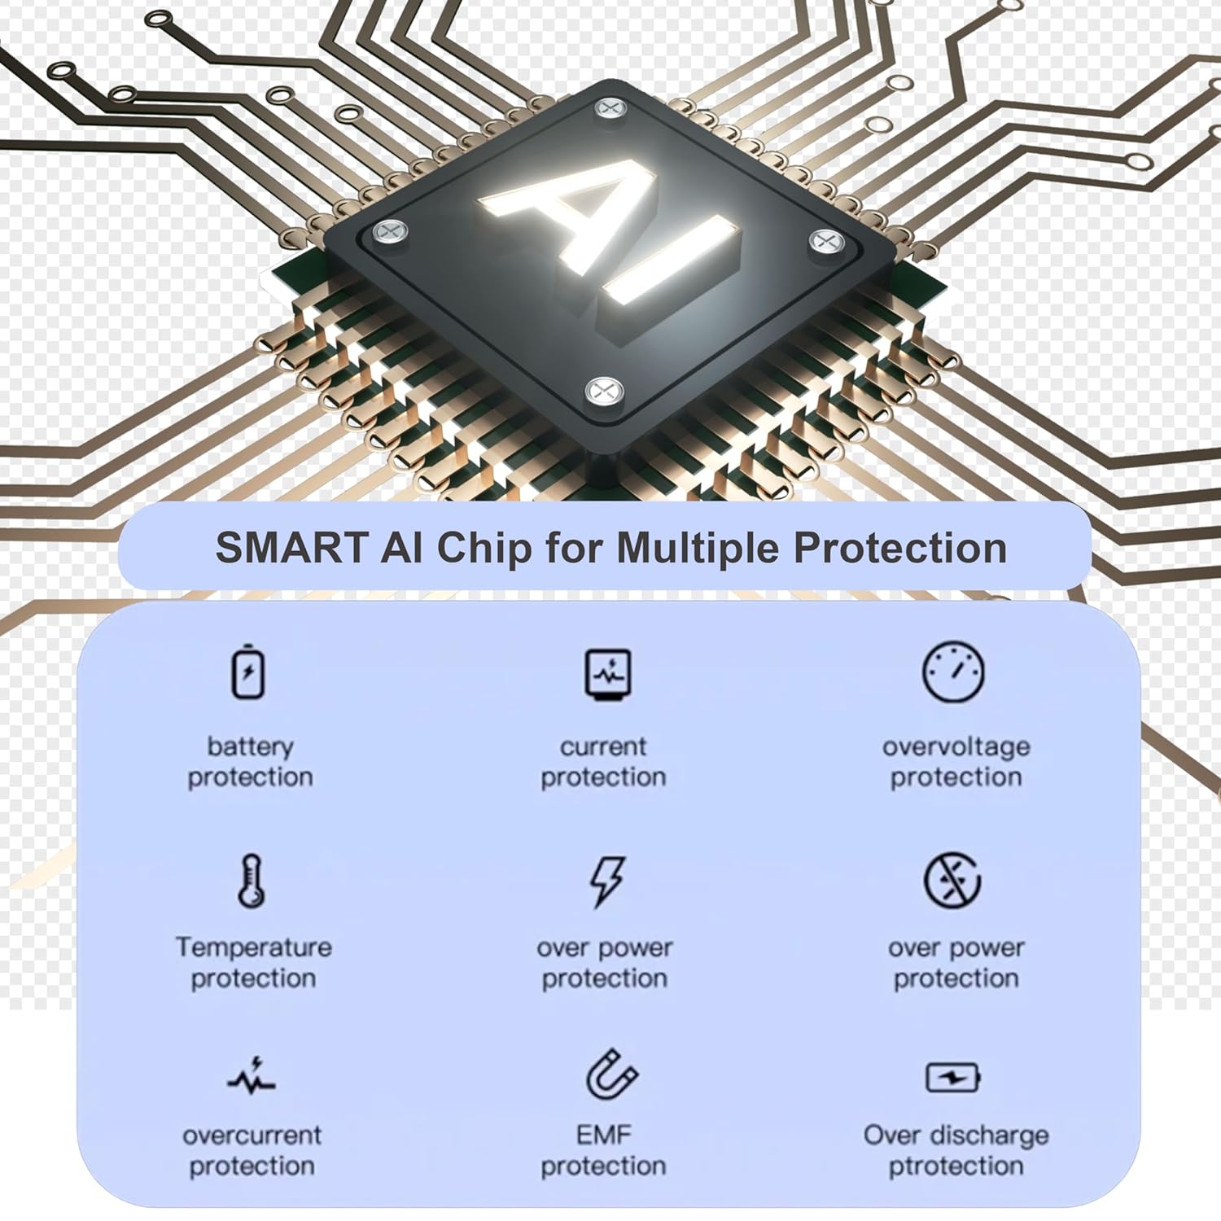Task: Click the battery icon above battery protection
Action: click(x=248, y=672)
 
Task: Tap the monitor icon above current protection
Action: click(x=608, y=675)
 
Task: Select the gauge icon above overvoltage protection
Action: click(x=953, y=672)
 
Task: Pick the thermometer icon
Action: click(x=252, y=882)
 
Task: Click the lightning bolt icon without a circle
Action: click(x=607, y=881)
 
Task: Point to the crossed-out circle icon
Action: click(x=952, y=881)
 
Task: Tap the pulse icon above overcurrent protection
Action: click(x=252, y=1076)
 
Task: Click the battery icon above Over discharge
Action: click(x=953, y=1079)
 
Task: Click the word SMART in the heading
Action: click(x=291, y=548)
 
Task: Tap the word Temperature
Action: click(x=254, y=947)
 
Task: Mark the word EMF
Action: click(x=604, y=1135)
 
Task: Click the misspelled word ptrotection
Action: click(x=956, y=1166)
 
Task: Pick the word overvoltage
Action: click(x=956, y=746)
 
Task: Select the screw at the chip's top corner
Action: click(x=609, y=107)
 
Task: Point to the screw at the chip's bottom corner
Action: click(x=604, y=392)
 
